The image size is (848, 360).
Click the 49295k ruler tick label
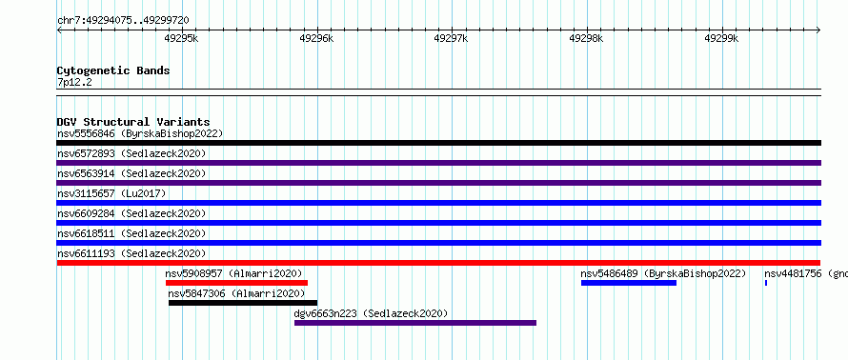[182, 38]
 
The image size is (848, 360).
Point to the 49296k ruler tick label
[316, 38]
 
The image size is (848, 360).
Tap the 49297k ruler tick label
[452, 38]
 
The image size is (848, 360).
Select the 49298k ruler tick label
[587, 38]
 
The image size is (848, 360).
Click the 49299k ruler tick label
[721, 38]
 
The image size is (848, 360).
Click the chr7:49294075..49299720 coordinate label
[123, 21]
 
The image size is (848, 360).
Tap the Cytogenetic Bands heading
[113, 70]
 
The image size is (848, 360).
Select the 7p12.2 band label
[75, 82]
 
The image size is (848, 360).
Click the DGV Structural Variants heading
[133, 122]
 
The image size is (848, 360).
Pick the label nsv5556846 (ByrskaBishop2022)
[140, 133]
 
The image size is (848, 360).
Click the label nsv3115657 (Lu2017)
[111, 193]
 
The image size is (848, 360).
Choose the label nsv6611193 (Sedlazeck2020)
[131, 253]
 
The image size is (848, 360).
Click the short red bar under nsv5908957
[237, 283]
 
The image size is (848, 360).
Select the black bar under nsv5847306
[243, 303]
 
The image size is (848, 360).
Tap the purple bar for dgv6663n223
[415, 323]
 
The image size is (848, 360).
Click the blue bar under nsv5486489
[629, 283]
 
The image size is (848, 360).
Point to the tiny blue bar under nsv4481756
[766, 283]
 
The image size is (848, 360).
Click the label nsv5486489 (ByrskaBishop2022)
[663, 273]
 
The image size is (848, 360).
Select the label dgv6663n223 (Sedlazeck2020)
[371, 313]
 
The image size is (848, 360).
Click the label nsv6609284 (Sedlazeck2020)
[131, 213]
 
